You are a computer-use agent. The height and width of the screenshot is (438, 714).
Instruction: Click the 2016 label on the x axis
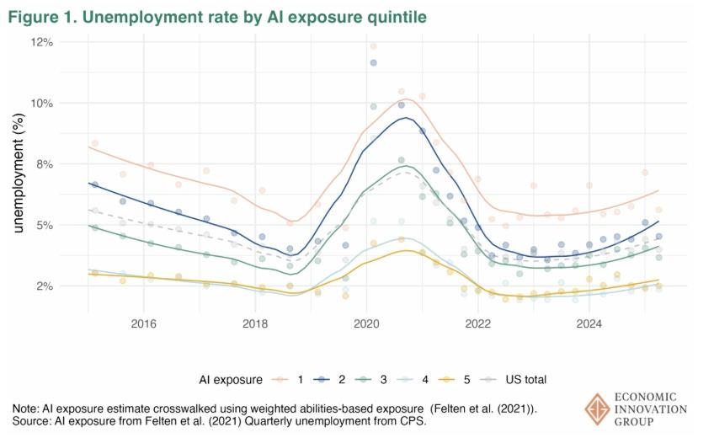point(144,323)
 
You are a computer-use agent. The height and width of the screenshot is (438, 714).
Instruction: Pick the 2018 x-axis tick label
point(255,323)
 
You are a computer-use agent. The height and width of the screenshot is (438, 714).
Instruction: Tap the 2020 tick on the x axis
point(366,323)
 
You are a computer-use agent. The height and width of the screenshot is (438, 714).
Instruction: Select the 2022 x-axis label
point(478,323)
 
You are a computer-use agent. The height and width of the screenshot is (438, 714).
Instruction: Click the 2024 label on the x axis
point(589,323)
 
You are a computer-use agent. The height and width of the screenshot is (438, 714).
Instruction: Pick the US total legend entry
point(542,379)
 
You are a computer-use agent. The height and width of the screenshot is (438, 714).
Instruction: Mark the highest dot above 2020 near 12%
point(373,46)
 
